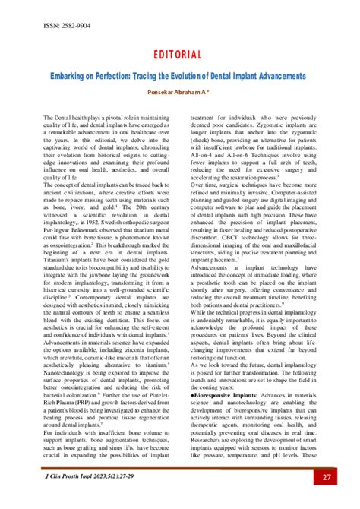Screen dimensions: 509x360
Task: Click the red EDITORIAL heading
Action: pos(180,55)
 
